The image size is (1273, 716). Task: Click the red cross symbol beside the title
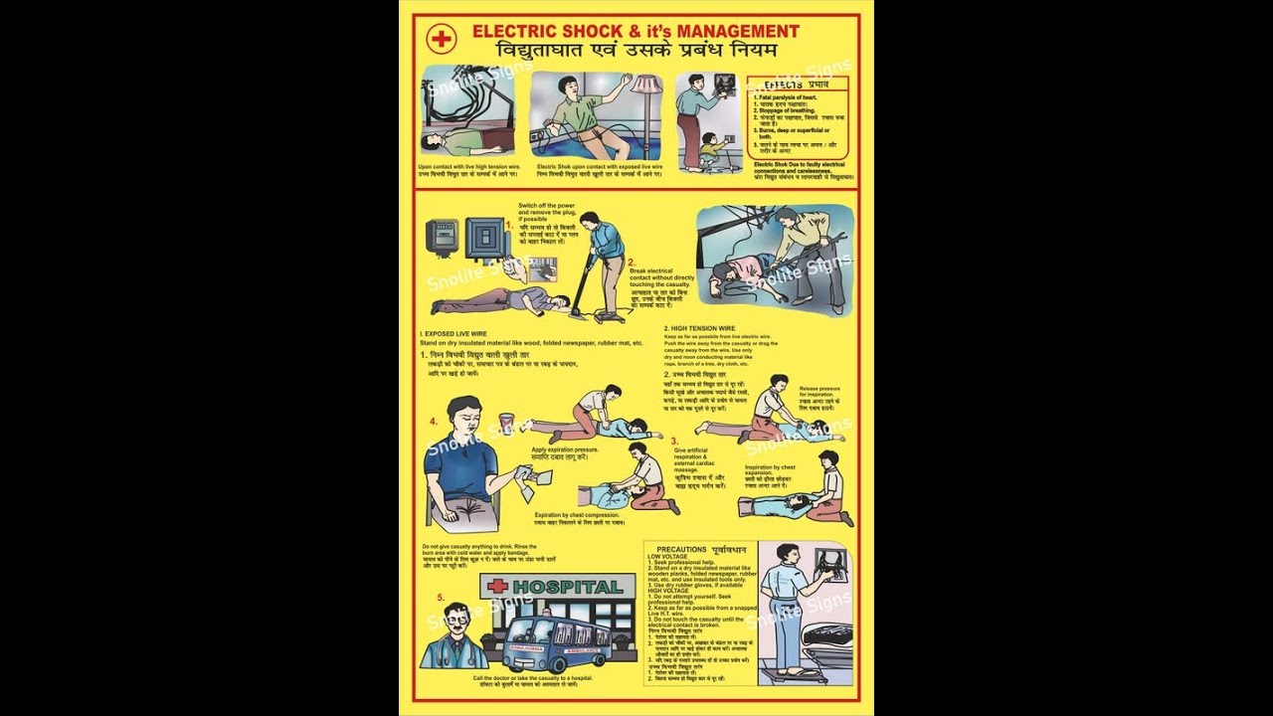[x=439, y=40]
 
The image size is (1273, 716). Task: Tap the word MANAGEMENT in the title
[x=736, y=32]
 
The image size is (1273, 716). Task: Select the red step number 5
[x=441, y=597]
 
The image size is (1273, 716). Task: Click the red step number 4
[x=434, y=421]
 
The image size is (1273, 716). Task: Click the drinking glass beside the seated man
[x=507, y=424]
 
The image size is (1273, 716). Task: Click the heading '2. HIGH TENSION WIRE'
[x=699, y=328]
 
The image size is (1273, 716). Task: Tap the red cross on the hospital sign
[x=497, y=587]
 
